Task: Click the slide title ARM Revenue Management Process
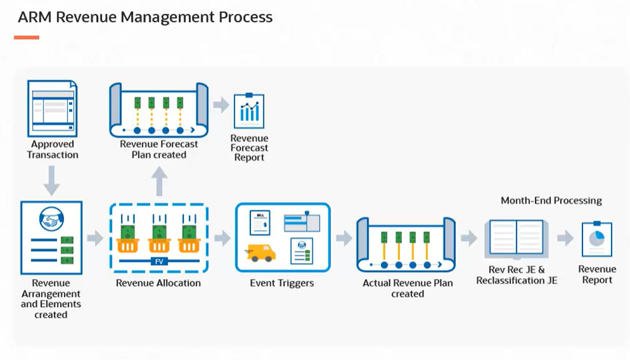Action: pyautogui.click(x=145, y=17)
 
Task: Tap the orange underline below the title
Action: pyautogui.click(x=27, y=37)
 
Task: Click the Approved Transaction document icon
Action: pyautogui.click(x=52, y=108)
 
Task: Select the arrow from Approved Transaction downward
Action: pyautogui.click(x=52, y=181)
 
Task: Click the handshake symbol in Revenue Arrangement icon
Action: pyautogui.click(x=51, y=219)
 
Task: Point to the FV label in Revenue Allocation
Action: pyautogui.click(x=159, y=261)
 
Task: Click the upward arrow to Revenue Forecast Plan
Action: pyautogui.click(x=160, y=181)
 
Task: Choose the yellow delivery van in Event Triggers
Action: pyautogui.click(x=260, y=253)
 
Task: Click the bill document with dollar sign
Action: pyautogui.click(x=260, y=222)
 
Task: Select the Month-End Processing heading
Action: pyautogui.click(x=551, y=200)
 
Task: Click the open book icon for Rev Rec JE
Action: pyautogui.click(x=517, y=239)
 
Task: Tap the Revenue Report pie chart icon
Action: pyautogui.click(x=597, y=239)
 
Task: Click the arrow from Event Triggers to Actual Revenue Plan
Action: pyautogui.click(x=344, y=238)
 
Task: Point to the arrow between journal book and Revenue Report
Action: pyautogui.click(x=565, y=238)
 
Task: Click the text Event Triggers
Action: pyautogui.click(x=281, y=283)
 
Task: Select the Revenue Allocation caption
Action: pyautogui.click(x=158, y=283)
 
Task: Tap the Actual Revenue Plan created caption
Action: pyautogui.click(x=408, y=288)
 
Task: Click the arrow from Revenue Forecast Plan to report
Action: pyautogui.click(x=221, y=105)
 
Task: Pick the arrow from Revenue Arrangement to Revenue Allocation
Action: pyautogui.click(x=95, y=238)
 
